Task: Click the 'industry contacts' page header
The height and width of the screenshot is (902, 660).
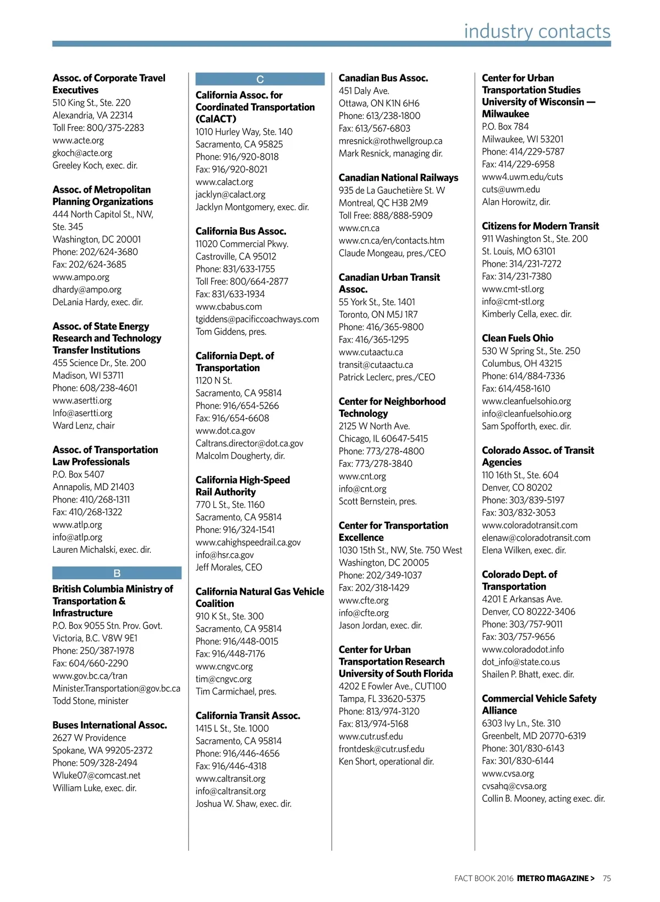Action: pyautogui.click(x=537, y=31)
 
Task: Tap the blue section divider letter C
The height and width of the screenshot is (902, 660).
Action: pyautogui.click(x=260, y=79)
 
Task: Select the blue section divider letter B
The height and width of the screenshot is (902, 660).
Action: pyautogui.click(x=117, y=573)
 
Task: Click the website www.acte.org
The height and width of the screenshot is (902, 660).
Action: pyautogui.click(x=78, y=140)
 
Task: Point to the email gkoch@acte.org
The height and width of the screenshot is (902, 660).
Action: pyautogui.click(x=82, y=153)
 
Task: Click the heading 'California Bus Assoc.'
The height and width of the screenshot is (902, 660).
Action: pyautogui.click(x=241, y=231)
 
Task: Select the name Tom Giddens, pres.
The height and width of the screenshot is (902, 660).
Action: pyautogui.click(x=231, y=332)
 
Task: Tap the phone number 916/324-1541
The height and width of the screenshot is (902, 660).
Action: pyautogui.click(x=249, y=530)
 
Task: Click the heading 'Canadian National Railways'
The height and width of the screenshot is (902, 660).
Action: pyautogui.click(x=398, y=178)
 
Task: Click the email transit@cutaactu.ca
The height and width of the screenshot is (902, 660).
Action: pyautogui.click(x=376, y=365)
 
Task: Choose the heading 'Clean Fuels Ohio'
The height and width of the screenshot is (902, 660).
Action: pyautogui.click(x=518, y=338)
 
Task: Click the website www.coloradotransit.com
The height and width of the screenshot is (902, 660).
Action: pyautogui.click(x=530, y=525)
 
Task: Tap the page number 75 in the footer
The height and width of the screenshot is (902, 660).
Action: pyautogui.click(x=607, y=878)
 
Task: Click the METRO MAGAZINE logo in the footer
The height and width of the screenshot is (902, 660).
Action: pyautogui.click(x=555, y=878)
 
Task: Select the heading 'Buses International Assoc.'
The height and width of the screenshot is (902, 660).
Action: pyautogui.click(x=110, y=725)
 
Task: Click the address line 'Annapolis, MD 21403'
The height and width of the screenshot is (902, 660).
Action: pyautogui.click(x=94, y=487)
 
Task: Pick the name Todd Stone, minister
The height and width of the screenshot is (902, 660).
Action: pyautogui.click(x=91, y=701)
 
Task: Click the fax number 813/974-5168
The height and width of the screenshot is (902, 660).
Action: pyautogui.click(x=384, y=724)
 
